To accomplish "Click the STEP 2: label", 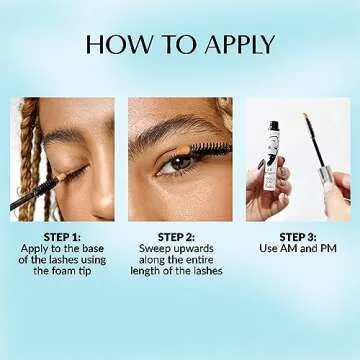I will pos(180,236).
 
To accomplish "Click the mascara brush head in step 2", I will pos(212,150).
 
